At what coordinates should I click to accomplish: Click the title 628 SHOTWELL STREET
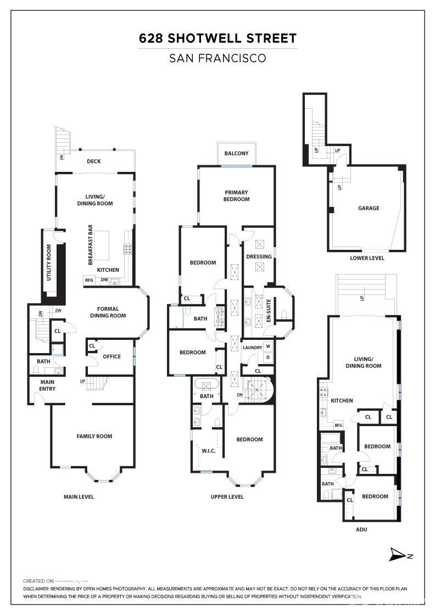pos(217,38)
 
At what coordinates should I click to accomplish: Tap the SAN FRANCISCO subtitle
pos(217,58)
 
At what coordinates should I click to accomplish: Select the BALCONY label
pos(236,153)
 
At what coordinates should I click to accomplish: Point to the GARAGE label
pos(369,208)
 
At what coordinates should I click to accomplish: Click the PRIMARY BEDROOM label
pos(236,195)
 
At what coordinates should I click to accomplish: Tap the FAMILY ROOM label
pos(94,437)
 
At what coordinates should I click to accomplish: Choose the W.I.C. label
pos(208,451)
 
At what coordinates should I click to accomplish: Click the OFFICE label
pos(111,356)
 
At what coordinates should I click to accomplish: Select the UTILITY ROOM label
pos(49,263)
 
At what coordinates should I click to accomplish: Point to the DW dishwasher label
pos(104,280)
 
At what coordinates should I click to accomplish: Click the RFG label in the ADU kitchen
pos(338,424)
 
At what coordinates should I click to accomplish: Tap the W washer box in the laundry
pos(268,346)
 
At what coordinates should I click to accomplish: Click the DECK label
pos(94,161)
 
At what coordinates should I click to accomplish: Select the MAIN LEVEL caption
pos(79,497)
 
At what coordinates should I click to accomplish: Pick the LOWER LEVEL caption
pos(367,258)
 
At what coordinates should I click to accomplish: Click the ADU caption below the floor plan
pos(361,529)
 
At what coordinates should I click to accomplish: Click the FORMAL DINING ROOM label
pos(108,312)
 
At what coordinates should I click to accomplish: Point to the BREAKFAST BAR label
pos(92,242)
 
